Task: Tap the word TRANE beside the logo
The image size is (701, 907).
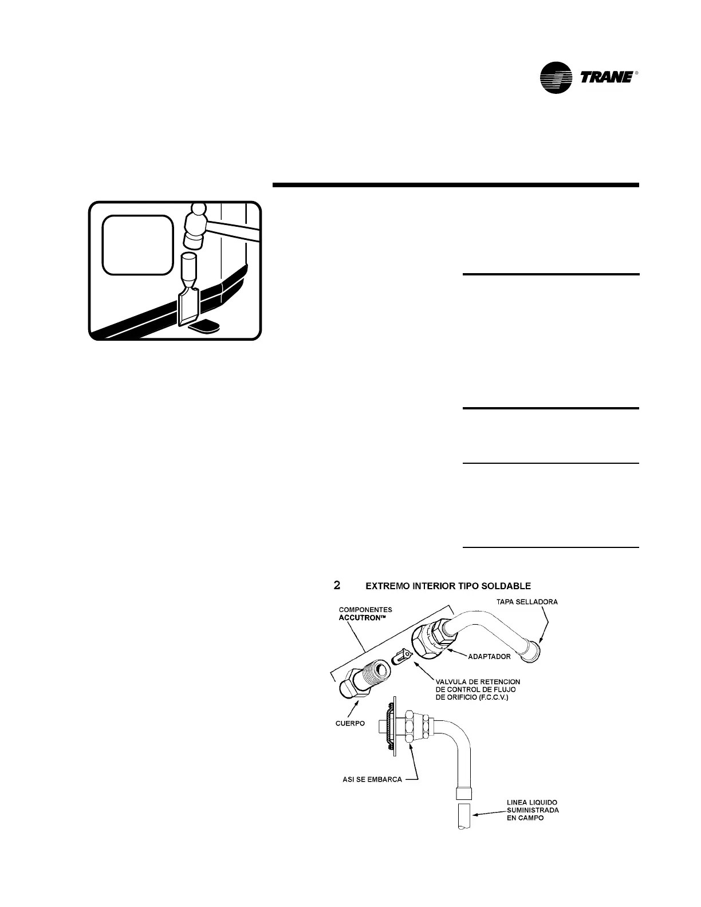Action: coord(607,77)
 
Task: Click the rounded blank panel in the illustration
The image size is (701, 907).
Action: coord(137,245)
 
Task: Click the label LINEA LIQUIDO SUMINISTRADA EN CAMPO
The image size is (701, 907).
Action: coord(533,810)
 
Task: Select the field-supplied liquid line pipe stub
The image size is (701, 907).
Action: coord(464,815)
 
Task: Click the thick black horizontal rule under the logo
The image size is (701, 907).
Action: coord(455,185)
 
